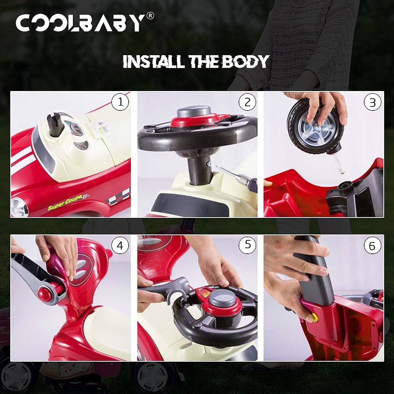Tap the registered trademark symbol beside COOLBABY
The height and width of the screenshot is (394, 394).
point(150,16)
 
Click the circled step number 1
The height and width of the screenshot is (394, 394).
point(120,102)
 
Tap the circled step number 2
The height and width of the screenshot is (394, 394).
point(247,102)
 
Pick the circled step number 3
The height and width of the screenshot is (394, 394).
point(372,102)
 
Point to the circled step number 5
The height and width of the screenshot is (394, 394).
point(247,245)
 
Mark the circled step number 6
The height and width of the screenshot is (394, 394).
point(372,246)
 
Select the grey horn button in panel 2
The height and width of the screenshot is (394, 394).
point(193,111)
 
